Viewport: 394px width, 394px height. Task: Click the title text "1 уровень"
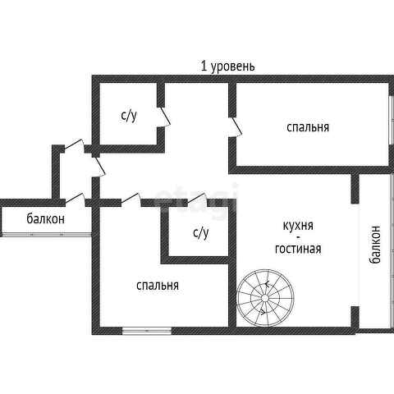pos(227,66)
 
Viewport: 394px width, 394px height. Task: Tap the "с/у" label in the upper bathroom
pos(129,116)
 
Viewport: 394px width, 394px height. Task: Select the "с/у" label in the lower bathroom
pos(201,233)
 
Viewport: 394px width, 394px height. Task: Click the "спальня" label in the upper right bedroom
pos(308,127)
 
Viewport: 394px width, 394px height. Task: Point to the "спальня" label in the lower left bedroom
pos(158,286)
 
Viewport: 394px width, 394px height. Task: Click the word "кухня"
pos(298,226)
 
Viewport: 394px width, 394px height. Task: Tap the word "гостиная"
pos(298,249)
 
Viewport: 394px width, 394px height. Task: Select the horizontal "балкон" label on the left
pos(46,218)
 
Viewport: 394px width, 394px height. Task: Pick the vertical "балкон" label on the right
pos(375,245)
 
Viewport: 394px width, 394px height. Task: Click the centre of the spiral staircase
pos(265,298)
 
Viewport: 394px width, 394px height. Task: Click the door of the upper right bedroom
pos(236,127)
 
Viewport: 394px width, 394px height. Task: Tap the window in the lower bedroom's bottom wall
pos(147,331)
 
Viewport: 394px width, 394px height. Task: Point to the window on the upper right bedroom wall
pos(392,120)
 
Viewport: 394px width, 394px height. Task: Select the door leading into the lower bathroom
pos(196,198)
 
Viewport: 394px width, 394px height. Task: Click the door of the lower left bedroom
pos(131,198)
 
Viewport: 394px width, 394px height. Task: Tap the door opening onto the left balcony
pos(75,198)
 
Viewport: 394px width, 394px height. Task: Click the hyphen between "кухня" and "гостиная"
pos(298,236)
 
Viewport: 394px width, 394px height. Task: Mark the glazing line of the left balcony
pos(47,234)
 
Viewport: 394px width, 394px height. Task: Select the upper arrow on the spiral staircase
pos(267,284)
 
